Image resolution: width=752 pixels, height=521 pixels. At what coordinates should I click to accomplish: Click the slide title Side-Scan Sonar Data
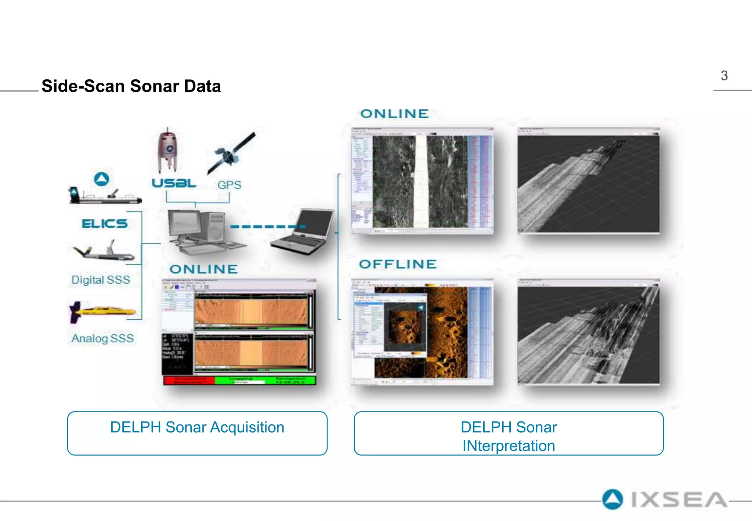[x=131, y=86]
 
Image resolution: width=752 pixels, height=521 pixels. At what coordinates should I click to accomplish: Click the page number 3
[x=724, y=76]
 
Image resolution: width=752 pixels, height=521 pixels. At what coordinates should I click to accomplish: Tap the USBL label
[x=174, y=183]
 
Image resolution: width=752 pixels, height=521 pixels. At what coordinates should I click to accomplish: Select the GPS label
[x=229, y=185]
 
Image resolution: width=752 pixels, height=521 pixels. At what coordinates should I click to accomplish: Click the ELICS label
[x=105, y=223]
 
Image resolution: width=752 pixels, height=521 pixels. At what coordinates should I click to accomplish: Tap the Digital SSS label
[x=101, y=280]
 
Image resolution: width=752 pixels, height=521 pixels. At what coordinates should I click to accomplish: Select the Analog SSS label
[x=102, y=338]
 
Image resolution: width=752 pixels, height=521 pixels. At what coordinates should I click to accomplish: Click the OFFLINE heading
[x=398, y=264]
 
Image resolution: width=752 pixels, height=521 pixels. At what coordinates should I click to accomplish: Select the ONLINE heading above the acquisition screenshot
[x=203, y=269]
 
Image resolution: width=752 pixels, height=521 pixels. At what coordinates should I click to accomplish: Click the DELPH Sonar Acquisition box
[x=197, y=433]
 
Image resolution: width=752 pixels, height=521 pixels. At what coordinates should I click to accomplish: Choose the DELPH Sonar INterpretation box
[x=509, y=433]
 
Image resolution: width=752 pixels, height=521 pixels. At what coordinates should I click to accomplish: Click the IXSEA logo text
[x=679, y=500]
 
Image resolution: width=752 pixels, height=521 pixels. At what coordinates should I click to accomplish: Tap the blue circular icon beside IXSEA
[x=612, y=499]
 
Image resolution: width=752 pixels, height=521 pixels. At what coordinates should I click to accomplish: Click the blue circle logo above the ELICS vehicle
[x=102, y=179]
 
